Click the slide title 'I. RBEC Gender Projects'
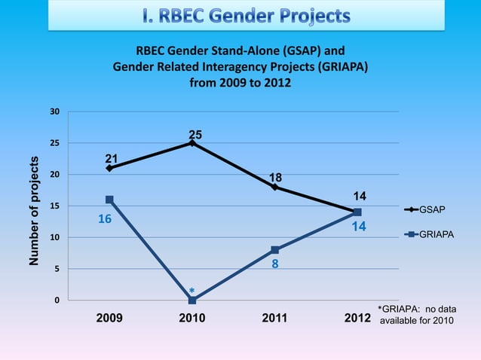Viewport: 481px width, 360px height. click(246, 15)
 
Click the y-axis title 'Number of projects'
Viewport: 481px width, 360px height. click(34, 212)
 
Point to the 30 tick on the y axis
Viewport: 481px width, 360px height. click(54, 111)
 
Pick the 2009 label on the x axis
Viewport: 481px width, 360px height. click(109, 319)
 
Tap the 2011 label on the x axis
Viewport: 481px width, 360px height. click(274, 319)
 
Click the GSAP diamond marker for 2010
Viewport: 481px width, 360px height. click(192, 142)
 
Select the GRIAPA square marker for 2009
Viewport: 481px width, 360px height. click(109, 200)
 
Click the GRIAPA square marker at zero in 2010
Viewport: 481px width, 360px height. click(192, 301)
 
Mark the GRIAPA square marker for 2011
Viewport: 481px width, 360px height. click(275, 250)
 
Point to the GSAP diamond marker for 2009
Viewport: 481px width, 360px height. click(109, 168)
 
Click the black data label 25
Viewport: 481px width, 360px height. click(195, 135)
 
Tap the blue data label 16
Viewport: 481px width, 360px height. click(105, 218)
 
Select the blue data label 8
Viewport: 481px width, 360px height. click(275, 265)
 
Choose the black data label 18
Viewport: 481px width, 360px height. click(276, 178)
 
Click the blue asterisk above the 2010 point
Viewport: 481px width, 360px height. click(192, 291)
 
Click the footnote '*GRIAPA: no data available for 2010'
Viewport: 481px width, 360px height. click(416, 316)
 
